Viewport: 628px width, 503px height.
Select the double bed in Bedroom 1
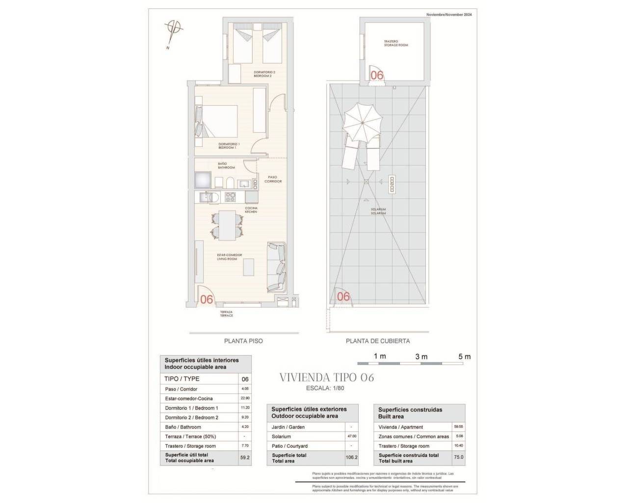click(218, 121)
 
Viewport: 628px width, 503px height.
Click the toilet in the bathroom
click(229, 183)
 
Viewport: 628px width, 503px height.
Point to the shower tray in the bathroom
click(203, 180)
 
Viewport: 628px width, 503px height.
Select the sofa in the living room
click(276, 267)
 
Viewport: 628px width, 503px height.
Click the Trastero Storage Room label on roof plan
click(395, 43)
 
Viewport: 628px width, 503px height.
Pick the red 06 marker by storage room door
click(377, 75)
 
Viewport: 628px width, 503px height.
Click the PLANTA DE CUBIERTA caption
click(378, 341)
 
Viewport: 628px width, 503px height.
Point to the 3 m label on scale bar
click(421, 357)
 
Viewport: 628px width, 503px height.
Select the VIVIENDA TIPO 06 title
click(326, 378)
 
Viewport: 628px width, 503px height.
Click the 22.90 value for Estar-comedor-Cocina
click(245, 398)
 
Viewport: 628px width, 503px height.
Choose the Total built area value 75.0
click(458, 457)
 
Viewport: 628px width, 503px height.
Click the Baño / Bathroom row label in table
click(183, 427)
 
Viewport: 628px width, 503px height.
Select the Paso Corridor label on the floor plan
click(273, 179)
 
